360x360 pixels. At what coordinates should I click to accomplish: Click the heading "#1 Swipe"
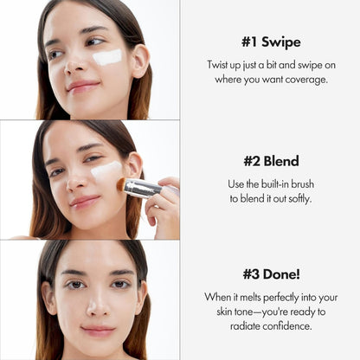tap(270, 42)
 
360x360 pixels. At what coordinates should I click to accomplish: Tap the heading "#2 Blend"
tap(270, 161)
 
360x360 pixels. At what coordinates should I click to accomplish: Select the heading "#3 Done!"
tap(270, 274)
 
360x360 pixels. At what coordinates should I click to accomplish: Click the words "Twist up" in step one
tap(225, 66)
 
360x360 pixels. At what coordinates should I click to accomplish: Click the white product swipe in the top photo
tap(106, 58)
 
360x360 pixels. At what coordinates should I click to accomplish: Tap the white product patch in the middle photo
tap(106, 170)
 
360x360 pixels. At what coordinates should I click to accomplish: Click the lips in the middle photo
tap(86, 201)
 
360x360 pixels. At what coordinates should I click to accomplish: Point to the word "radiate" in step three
tap(226, 326)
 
